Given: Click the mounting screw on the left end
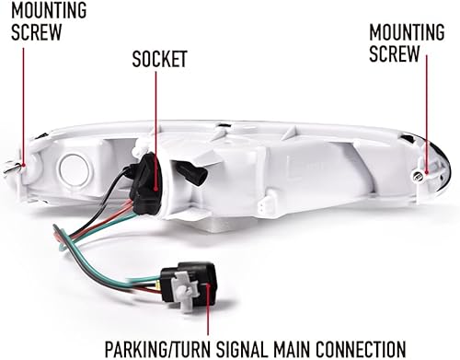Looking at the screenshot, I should coord(12,167).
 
